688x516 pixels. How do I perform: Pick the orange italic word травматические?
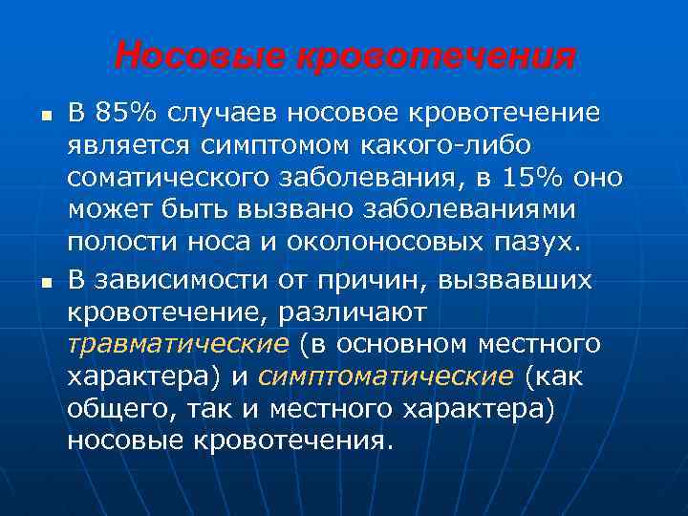click(178, 343)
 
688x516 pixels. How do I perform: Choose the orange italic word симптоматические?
click(385, 376)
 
